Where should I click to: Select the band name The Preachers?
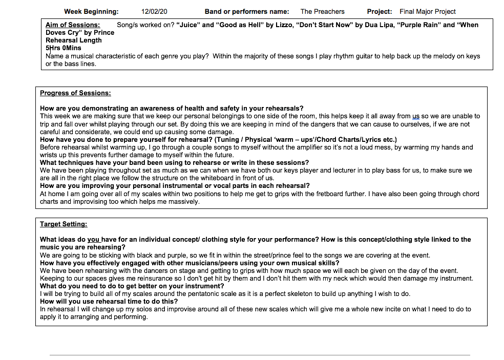coord(322,11)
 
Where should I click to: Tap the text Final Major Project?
coord(428,11)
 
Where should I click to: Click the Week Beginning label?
coord(91,11)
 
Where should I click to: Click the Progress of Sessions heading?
coord(75,93)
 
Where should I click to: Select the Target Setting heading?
coord(64,224)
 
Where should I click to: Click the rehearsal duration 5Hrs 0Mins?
coord(64,48)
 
